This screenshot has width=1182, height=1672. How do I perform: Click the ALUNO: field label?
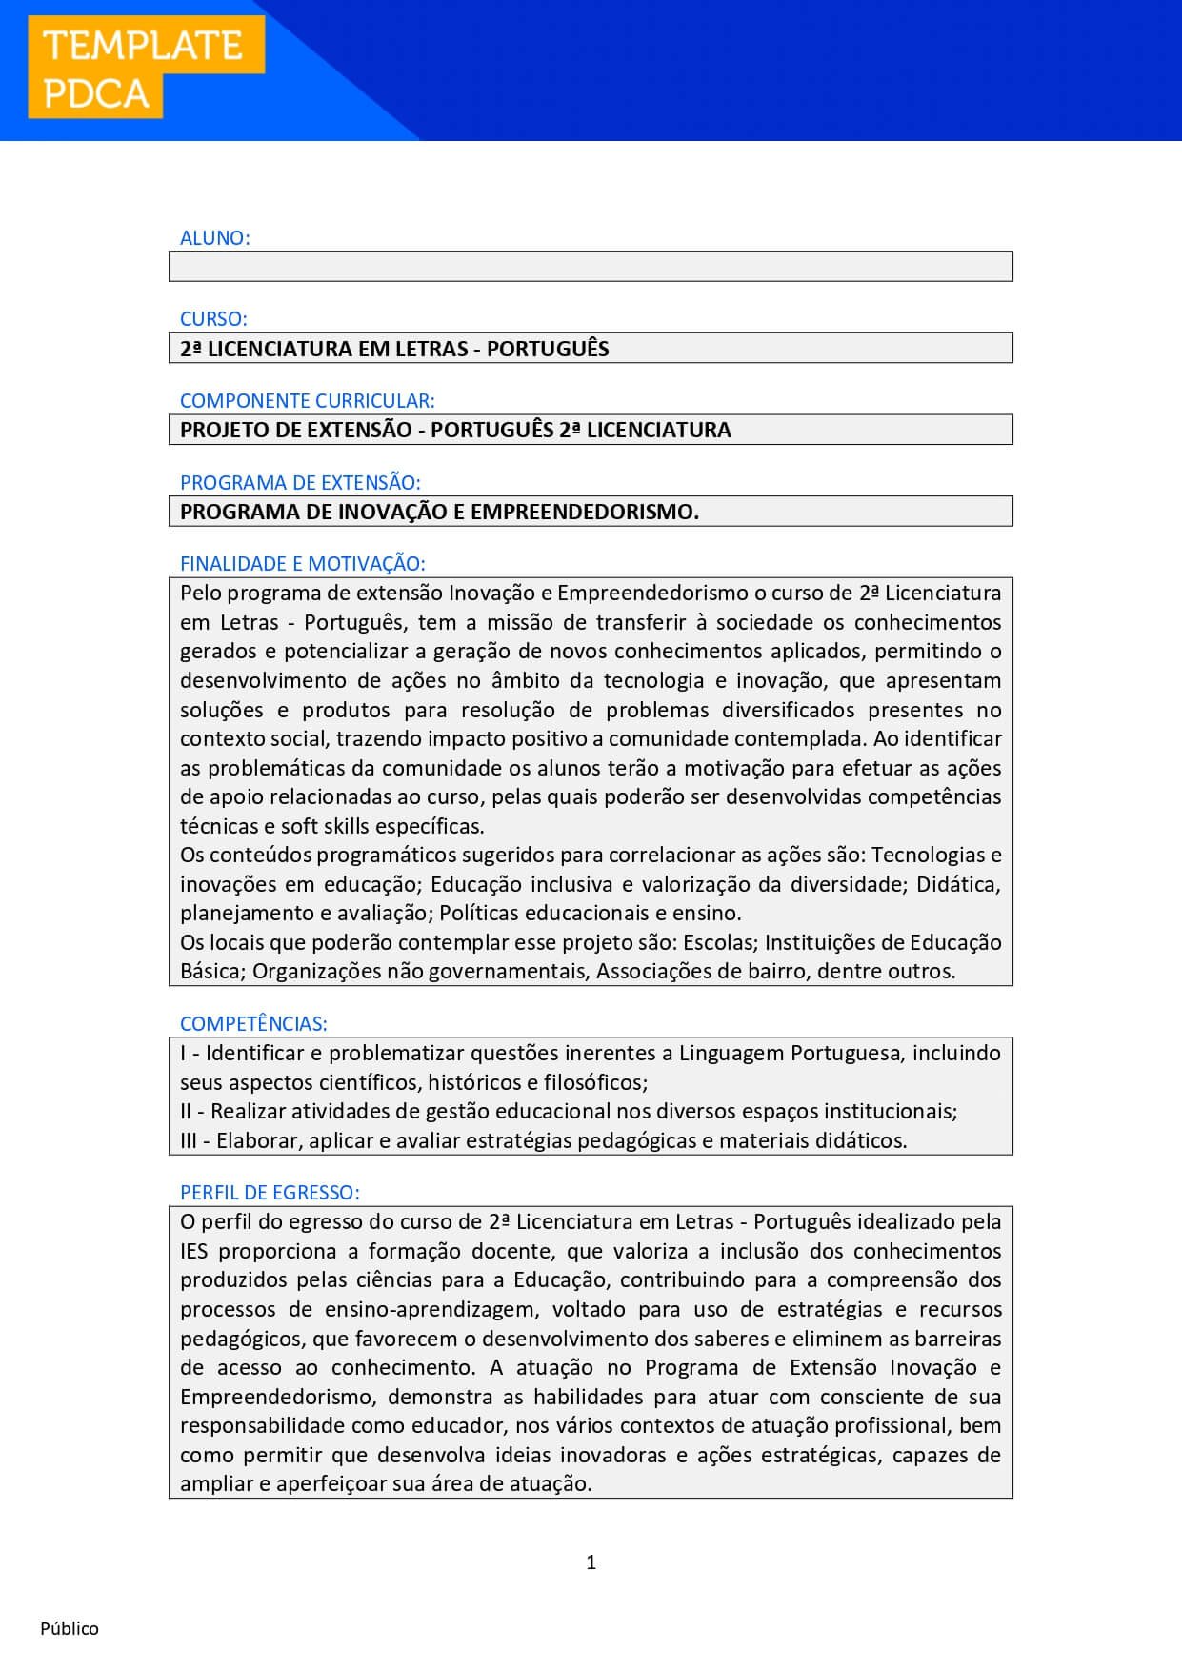click(215, 238)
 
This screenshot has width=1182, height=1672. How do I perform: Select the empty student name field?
click(591, 267)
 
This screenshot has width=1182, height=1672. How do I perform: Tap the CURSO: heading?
click(213, 319)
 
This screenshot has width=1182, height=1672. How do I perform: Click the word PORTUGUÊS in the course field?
click(548, 349)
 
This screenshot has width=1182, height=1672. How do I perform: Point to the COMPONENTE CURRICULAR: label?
click(307, 401)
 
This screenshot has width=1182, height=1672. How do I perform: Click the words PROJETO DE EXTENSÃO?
click(295, 430)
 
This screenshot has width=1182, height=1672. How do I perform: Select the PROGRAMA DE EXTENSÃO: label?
click(300, 483)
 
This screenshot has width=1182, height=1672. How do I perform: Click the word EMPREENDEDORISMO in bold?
click(582, 512)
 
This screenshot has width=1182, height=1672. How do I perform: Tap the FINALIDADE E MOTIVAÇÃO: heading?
click(302, 564)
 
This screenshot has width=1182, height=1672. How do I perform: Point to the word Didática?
click(958, 884)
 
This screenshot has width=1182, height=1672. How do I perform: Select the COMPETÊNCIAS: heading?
click(253, 1024)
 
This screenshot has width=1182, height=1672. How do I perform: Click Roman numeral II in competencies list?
click(186, 1112)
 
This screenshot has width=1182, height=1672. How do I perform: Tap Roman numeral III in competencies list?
click(189, 1141)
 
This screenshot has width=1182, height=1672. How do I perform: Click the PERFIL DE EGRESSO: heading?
click(270, 1193)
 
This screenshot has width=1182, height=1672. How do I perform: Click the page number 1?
click(591, 1562)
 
